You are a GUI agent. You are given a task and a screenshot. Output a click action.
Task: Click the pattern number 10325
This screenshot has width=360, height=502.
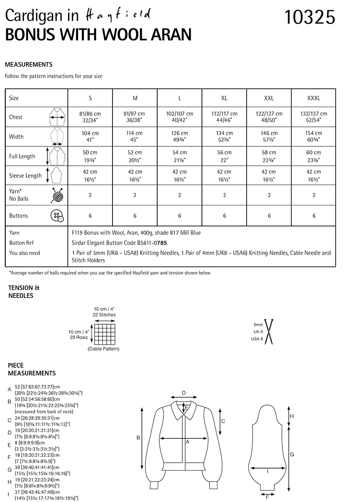coord(310,18)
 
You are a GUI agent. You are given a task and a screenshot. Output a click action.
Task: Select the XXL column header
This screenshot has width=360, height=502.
coord(269,98)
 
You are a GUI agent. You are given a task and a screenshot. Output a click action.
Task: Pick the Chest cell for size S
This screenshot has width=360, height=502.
coord(90,117)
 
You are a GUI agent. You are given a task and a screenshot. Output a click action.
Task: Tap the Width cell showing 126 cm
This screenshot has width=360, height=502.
coord(180,136)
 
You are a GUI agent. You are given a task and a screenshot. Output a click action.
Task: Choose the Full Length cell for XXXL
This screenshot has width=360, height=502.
coord(314,156)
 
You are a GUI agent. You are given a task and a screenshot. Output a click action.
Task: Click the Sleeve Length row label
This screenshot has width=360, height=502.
coord(25,176)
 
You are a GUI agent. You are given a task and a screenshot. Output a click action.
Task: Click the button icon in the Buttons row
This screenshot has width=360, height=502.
coord(56,216)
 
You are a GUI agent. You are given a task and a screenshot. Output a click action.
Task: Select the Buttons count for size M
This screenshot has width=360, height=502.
coord(135,216)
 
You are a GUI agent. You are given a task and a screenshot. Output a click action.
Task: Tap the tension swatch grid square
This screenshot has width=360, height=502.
coord(105,333)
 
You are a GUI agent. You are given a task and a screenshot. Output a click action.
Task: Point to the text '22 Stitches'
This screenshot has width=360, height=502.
coord(105,315)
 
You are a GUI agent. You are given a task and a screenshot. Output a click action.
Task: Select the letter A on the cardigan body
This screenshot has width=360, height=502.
coord(188,441)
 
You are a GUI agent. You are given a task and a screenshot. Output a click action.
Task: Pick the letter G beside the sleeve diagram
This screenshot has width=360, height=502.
coord(292,454)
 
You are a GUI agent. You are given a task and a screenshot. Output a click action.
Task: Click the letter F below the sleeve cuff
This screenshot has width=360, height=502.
coord(267,497)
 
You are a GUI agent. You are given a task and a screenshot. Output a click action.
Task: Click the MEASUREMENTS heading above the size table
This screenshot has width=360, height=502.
coord(28,64)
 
